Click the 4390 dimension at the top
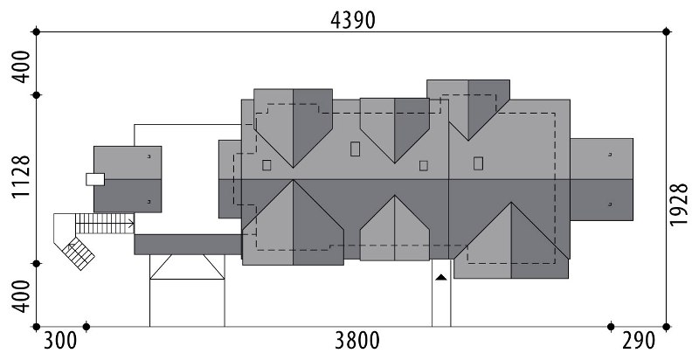353,20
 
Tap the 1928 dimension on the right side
679,204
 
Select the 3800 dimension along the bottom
357,342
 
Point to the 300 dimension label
60,342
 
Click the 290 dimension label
639,342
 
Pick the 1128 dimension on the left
20,177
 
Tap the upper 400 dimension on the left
20,66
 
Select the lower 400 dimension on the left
20,296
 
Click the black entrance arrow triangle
441,278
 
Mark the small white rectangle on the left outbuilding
95,179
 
